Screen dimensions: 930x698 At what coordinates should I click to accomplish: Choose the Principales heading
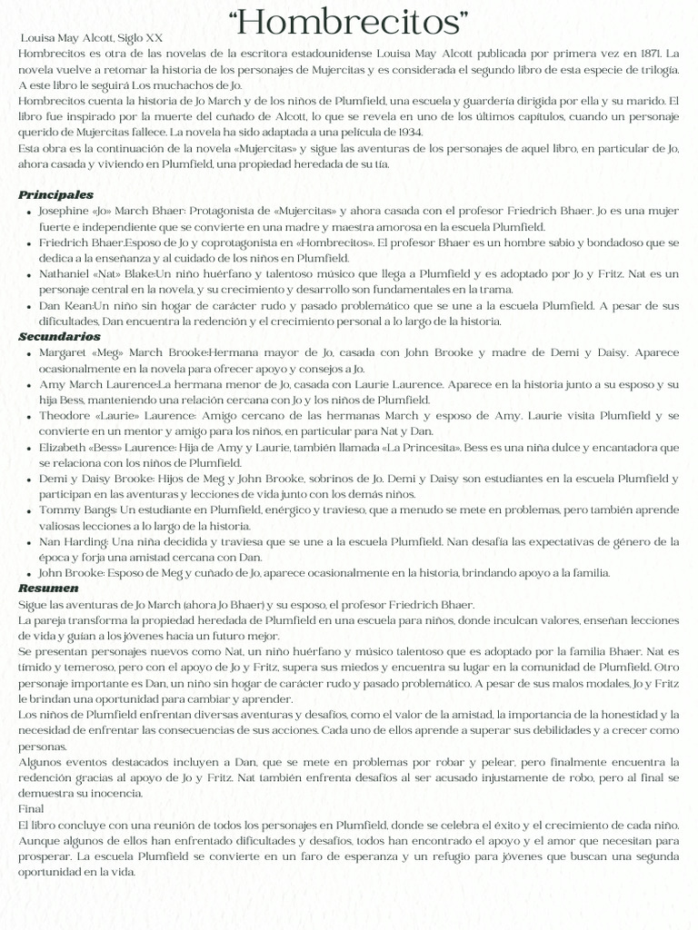tap(55, 194)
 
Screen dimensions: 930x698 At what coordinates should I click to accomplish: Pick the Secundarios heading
tap(59, 336)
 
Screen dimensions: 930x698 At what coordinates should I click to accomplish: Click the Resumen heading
tap(48, 588)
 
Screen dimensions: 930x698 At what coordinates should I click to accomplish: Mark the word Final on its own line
tap(31, 807)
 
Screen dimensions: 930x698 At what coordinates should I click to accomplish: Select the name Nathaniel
tap(65, 272)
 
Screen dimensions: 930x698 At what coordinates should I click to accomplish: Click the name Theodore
tap(65, 415)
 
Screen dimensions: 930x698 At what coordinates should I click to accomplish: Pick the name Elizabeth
tap(65, 448)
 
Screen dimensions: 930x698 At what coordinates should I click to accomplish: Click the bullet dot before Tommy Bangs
tap(31, 511)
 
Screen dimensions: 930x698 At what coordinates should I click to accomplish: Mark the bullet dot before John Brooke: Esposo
tap(31, 574)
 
